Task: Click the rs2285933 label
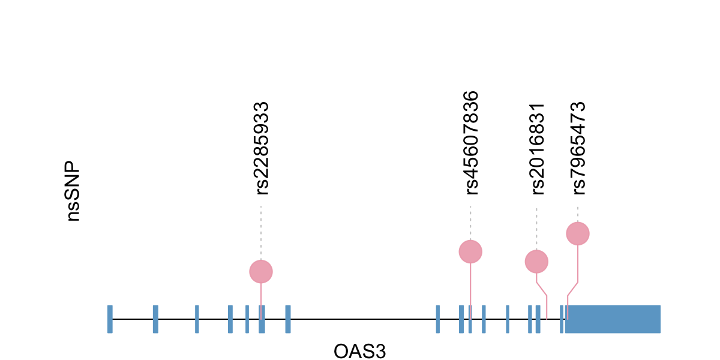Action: click(262, 149)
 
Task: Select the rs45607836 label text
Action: click(472, 143)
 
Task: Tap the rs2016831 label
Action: click(538, 149)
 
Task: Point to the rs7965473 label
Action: click(578, 148)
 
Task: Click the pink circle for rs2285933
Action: click(261, 271)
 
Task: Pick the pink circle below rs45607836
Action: click(470, 251)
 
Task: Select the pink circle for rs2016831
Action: click(536, 261)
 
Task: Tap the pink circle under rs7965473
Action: click(578, 233)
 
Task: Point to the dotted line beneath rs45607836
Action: click(470, 223)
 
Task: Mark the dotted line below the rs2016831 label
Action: click(536, 229)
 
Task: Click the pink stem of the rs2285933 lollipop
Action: click(261, 294)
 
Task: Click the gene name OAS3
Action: click(359, 351)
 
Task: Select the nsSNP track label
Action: click(73, 191)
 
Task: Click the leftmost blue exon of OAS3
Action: click(110, 319)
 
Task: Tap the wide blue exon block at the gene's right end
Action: click(612, 319)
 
